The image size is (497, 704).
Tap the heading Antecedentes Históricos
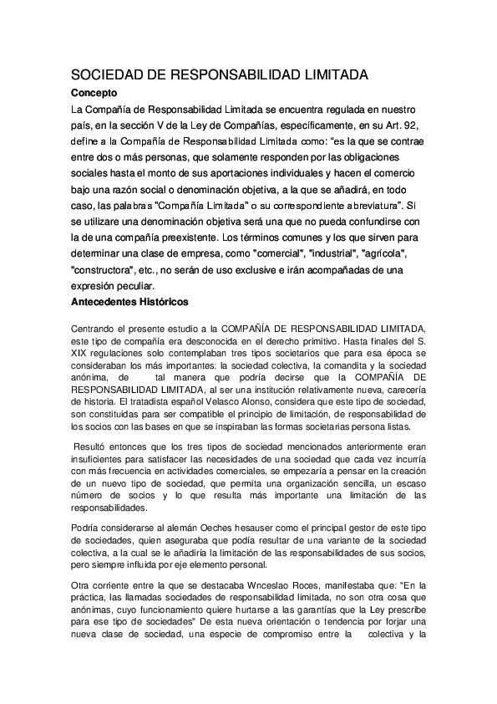(129, 301)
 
